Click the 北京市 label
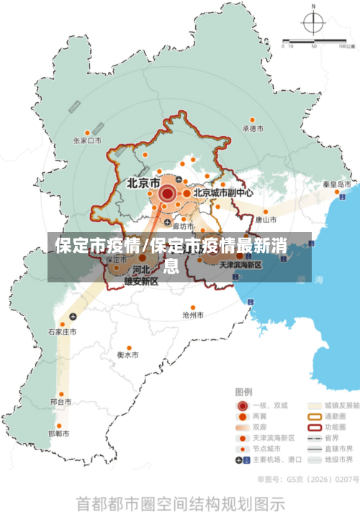click(x=143, y=183)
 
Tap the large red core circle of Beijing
click(x=167, y=193)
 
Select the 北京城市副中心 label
click(x=222, y=193)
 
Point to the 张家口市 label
click(x=86, y=141)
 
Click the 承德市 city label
click(x=253, y=129)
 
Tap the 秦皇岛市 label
click(x=336, y=184)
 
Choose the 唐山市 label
click(x=266, y=219)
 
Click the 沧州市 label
click(x=193, y=315)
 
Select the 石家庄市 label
click(x=62, y=332)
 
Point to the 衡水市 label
click(x=128, y=355)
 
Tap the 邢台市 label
click(x=60, y=401)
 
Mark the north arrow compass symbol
click(x=313, y=23)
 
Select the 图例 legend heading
click(x=244, y=393)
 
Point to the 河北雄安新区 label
click(x=140, y=275)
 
